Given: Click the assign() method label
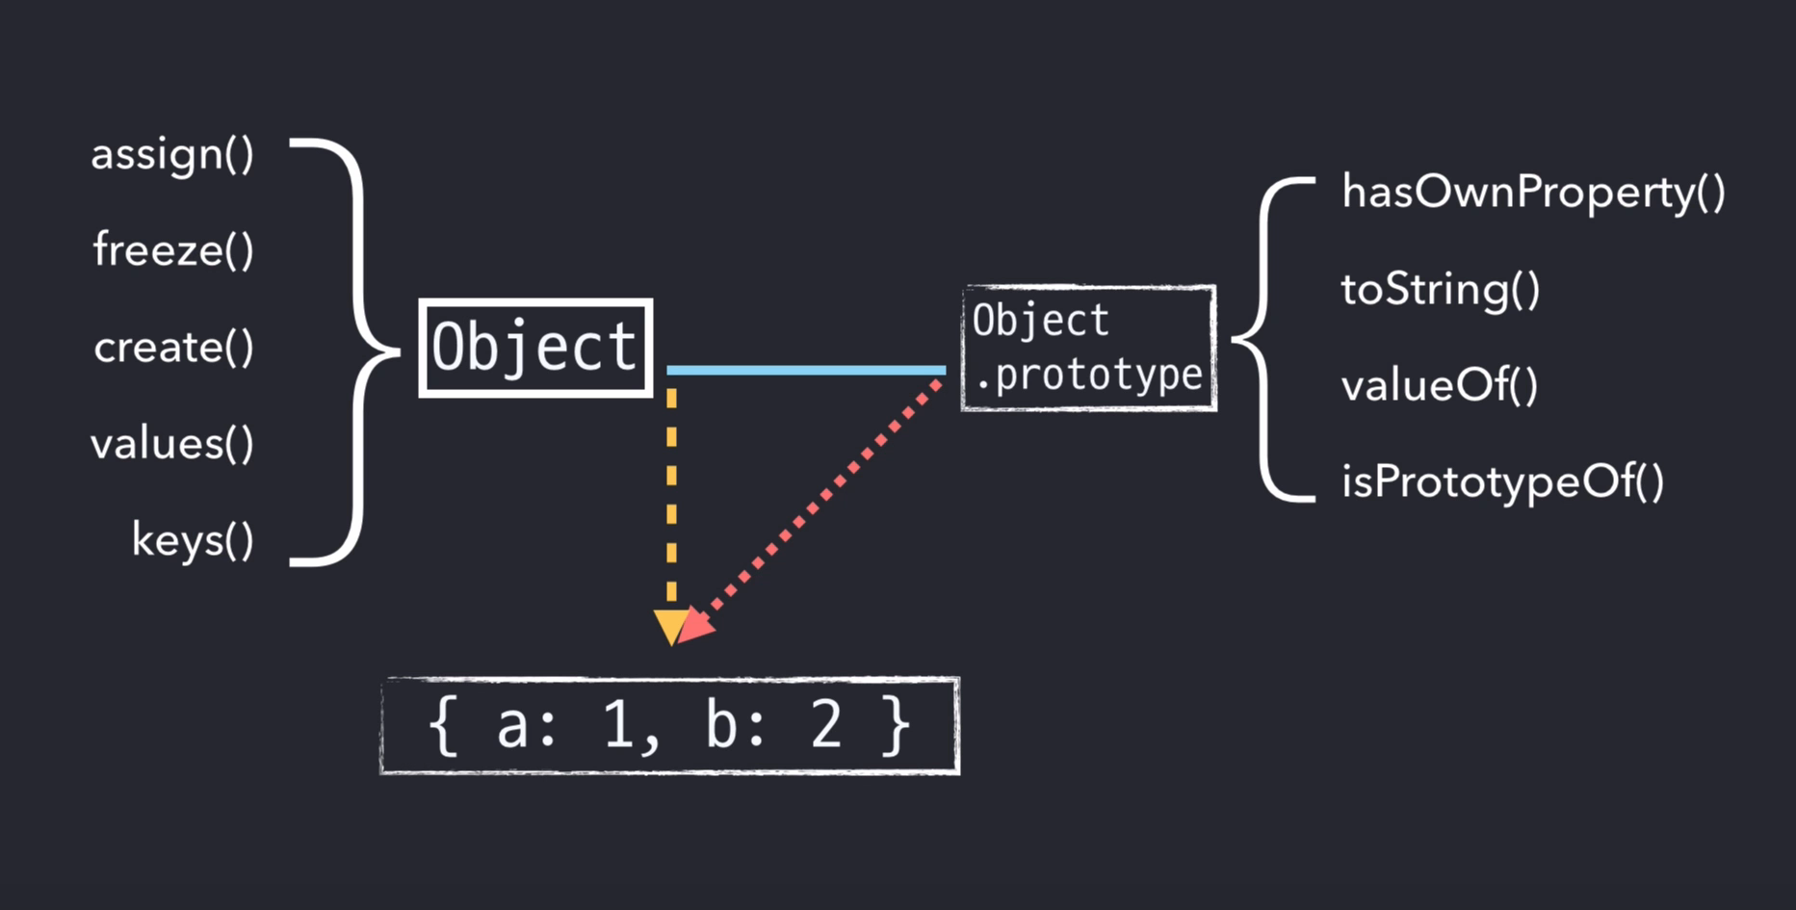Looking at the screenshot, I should click(x=172, y=155).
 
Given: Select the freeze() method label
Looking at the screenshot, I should click(x=173, y=250).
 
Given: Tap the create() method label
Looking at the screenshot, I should click(x=173, y=348).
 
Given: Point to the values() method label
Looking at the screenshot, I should click(x=172, y=444).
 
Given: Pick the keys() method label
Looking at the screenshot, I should click(x=193, y=540).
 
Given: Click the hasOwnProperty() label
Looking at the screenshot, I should click(x=1533, y=193).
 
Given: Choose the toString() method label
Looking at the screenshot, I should click(x=1441, y=289).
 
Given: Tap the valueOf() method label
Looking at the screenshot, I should click(x=1440, y=386).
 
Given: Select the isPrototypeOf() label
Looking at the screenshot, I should click(x=1502, y=482).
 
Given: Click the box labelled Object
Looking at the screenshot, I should click(x=535, y=348).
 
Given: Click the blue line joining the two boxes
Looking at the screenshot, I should click(x=806, y=370).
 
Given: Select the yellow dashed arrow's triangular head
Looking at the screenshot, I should click(x=670, y=625).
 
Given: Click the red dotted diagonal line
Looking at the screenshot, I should click(x=819, y=501).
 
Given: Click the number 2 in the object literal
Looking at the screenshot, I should click(x=826, y=725).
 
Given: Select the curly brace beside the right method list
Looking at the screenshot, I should click(x=1262, y=339).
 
